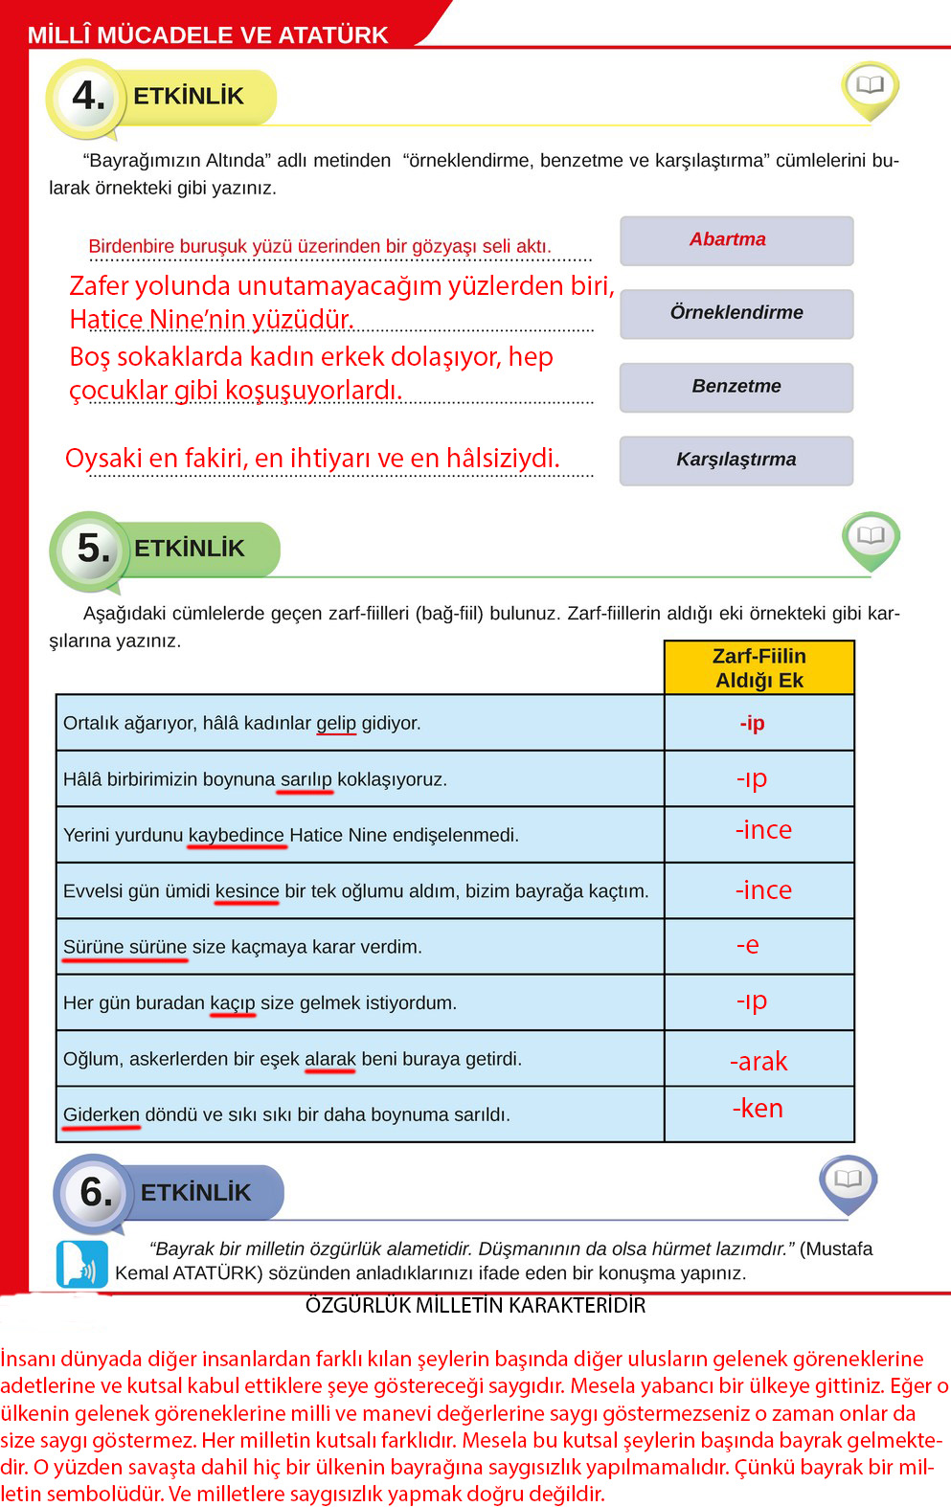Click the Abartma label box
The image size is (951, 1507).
click(x=736, y=240)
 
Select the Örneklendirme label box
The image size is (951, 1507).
click(x=736, y=313)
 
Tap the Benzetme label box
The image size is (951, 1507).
click(x=736, y=387)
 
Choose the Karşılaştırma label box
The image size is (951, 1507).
click(x=736, y=460)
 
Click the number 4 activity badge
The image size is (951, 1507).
click(x=88, y=97)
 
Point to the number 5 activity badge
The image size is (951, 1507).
click(x=93, y=549)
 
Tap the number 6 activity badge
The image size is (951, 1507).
click(x=96, y=1193)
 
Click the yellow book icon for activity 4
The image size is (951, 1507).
click(x=870, y=87)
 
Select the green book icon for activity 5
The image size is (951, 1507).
click(x=871, y=537)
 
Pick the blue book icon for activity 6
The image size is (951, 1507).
click(x=848, y=1181)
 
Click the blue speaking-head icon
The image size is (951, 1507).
click(x=82, y=1264)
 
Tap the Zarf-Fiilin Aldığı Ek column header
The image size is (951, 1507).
click(x=759, y=667)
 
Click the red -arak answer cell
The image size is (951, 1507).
click(x=759, y=1061)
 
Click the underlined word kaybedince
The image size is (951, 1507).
click(x=236, y=835)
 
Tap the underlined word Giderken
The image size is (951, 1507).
click(x=102, y=1114)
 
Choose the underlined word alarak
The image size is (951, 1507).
click(x=329, y=1059)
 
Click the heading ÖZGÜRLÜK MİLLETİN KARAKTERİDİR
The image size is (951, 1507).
click(x=475, y=1305)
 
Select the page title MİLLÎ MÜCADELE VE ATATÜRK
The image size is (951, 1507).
click(x=208, y=35)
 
